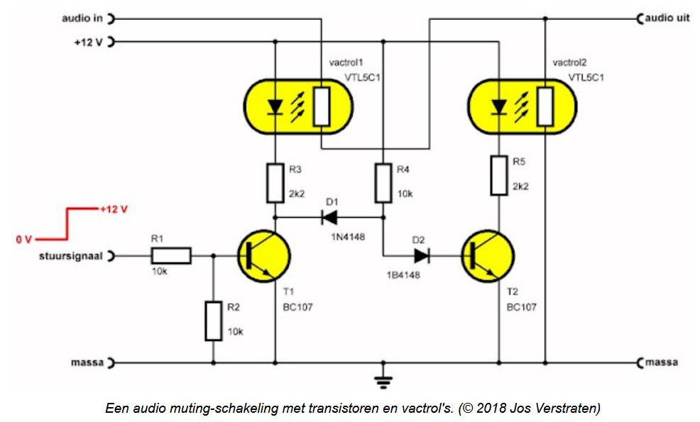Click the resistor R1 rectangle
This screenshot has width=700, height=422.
171,256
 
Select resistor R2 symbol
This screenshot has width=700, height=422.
214,321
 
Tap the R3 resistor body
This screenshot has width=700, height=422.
275,184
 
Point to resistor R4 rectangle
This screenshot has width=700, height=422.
383,184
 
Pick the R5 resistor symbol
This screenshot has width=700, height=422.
499,175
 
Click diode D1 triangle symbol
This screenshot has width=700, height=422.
329,218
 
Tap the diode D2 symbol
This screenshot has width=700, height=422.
422,256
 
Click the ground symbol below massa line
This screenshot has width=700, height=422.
383,382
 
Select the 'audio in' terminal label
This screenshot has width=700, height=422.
82,18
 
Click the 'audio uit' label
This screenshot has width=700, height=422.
667,18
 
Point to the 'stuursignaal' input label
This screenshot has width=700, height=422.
71,257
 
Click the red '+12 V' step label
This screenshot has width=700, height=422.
114,209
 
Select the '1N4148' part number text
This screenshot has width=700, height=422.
348,237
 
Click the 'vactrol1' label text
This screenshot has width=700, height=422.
346,62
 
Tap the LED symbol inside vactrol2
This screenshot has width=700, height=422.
498,107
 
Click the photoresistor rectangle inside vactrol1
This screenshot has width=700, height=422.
322,106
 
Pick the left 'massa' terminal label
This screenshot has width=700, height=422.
87,362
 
